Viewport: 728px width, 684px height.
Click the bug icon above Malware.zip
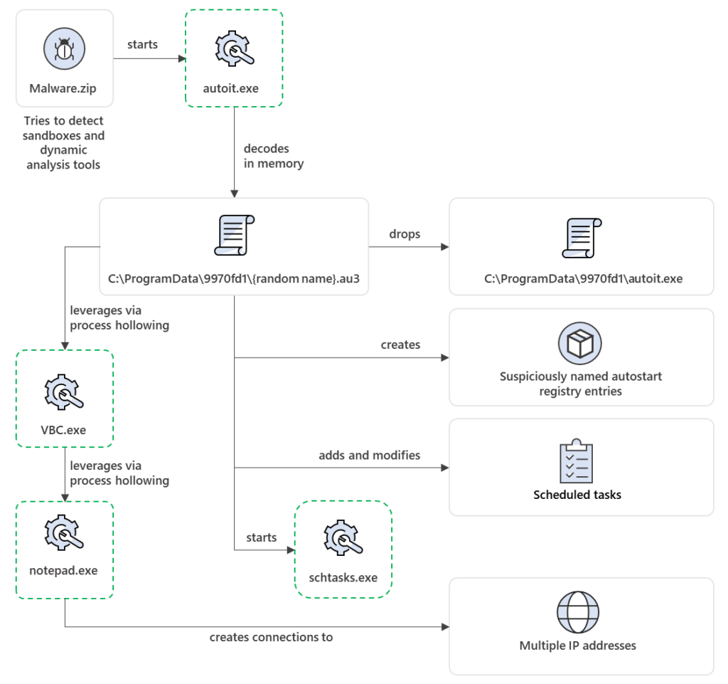64,50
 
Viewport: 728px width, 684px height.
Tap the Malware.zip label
64,89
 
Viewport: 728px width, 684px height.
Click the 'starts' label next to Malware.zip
142,44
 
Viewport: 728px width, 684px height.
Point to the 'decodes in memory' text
274,156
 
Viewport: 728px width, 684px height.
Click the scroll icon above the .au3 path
234,235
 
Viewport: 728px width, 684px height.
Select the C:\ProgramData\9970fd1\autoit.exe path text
583,279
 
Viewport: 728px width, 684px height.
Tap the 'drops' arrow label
405,234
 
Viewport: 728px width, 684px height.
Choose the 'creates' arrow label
400,344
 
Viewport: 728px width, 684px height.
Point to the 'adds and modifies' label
369,455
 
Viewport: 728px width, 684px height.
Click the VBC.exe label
65,430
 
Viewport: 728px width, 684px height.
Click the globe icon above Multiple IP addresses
577,612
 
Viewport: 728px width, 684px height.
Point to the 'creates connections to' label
271,637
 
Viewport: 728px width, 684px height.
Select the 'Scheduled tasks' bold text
577,495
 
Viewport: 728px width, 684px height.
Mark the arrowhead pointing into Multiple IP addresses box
445,627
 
